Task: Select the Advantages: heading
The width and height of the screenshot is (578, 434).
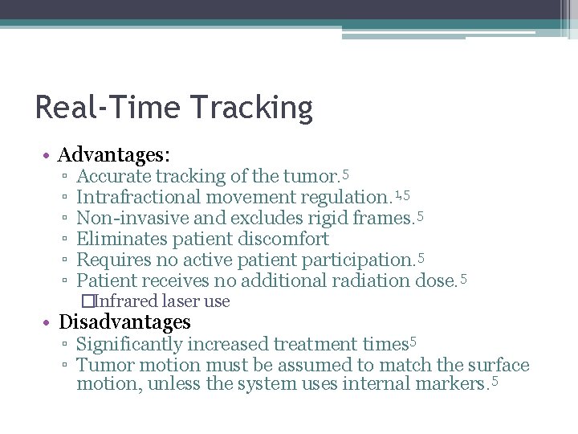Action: (x=114, y=154)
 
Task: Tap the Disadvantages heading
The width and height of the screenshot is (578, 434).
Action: (x=124, y=322)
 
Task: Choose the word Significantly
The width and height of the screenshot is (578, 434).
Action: (x=129, y=345)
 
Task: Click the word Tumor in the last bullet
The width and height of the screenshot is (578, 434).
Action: (x=101, y=366)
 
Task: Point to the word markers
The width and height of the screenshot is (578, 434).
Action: (x=450, y=384)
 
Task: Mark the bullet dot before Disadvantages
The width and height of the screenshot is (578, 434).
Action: (x=50, y=323)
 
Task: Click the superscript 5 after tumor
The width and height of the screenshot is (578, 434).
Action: (x=345, y=172)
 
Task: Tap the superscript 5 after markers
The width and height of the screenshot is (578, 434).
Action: (x=495, y=379)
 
